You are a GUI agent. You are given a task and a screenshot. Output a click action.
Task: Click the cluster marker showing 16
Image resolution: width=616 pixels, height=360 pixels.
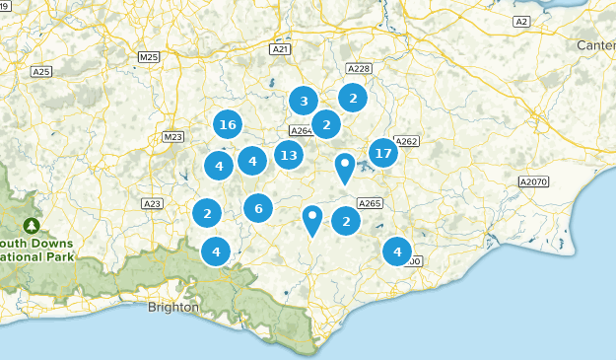[x=228, y=124]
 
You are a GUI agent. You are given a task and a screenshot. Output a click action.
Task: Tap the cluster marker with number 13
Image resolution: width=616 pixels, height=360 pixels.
[x=288, y=155]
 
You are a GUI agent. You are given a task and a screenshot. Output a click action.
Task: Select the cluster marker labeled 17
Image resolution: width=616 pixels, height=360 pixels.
[x=383, y=153]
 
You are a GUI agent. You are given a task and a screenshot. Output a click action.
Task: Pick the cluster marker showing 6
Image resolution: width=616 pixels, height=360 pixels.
[x=258, y=208]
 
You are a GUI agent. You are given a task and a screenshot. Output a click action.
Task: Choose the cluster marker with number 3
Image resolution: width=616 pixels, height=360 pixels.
[x=304, y=101]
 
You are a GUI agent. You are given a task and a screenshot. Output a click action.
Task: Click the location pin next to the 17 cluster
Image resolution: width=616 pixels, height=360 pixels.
[x=345, y=167]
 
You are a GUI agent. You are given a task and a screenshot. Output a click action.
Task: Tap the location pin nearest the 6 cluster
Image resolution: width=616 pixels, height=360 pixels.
[x=312, y=219]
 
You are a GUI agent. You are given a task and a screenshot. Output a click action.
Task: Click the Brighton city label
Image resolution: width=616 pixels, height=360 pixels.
[x=172, y=307]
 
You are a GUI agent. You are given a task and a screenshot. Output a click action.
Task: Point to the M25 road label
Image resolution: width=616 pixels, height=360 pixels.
[x=149, y=57]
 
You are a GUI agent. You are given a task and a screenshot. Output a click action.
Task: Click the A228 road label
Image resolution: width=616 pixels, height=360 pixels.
[x=359, y=68]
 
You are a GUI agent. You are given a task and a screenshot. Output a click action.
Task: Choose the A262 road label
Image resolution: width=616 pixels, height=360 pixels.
[x=407, y=142]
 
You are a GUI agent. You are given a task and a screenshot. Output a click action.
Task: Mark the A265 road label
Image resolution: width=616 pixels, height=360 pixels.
[x=370, y=203]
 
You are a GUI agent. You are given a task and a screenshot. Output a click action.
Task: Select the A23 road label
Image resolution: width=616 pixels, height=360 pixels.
[x=152, y=204]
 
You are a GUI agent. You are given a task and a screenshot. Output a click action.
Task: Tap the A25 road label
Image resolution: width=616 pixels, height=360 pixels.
[x=41, y=72]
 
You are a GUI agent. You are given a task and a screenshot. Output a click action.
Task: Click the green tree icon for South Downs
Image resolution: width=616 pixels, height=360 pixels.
[x=33, y=226]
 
